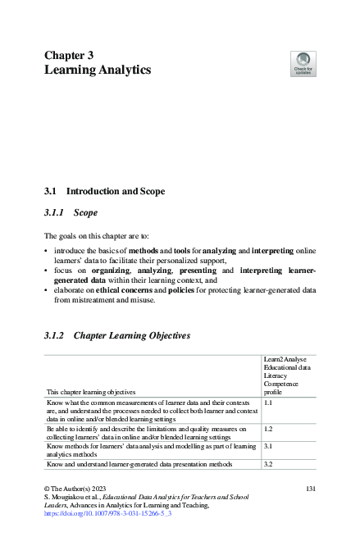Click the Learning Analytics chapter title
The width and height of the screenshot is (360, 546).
pos(97,71)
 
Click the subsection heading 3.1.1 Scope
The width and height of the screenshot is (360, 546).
pos(71,212)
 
